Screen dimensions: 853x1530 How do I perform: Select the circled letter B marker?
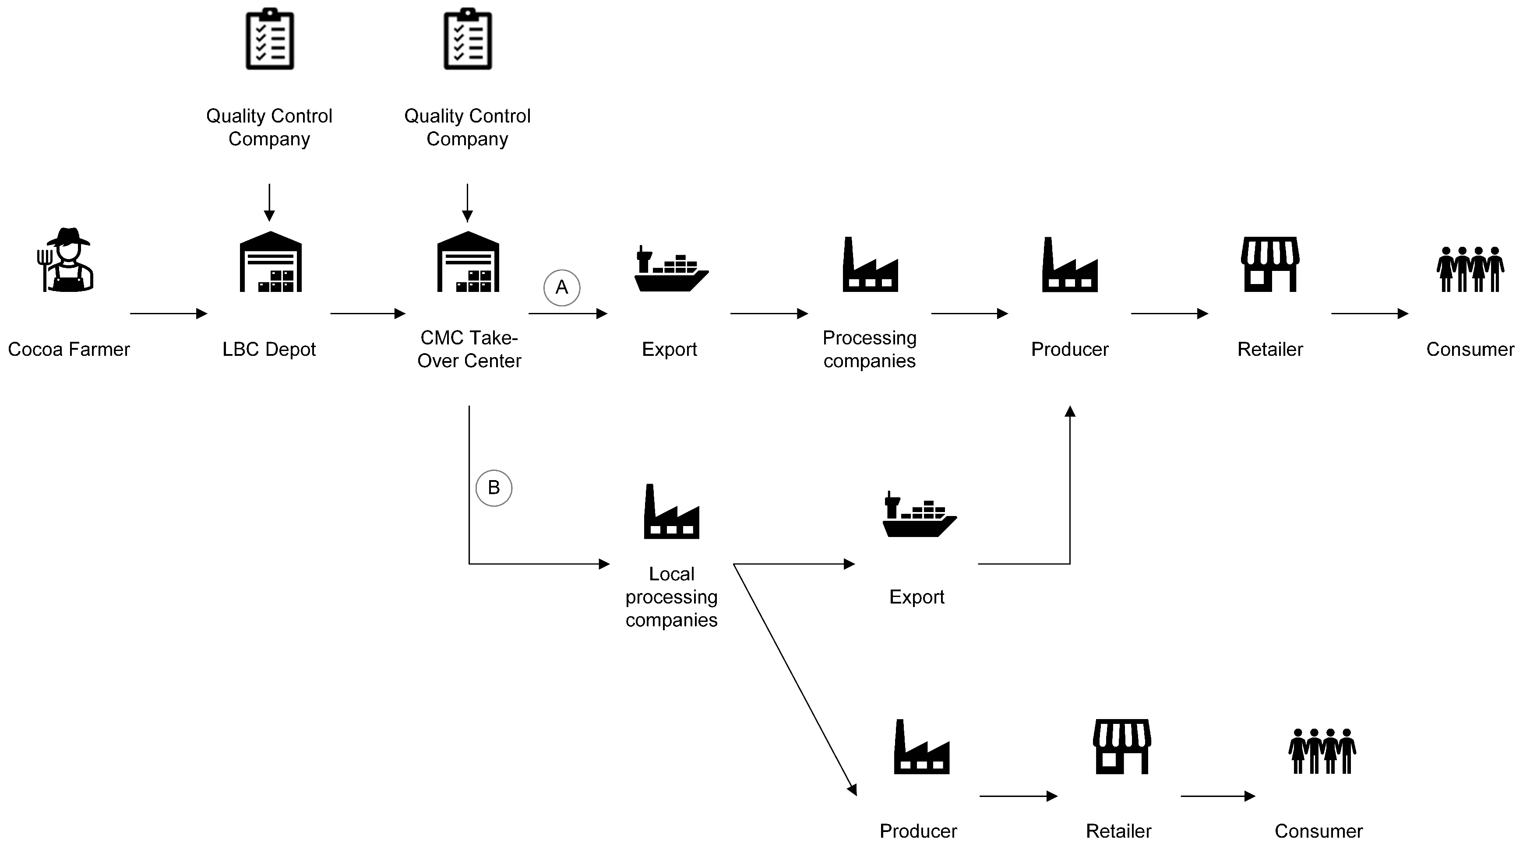coord(494,488)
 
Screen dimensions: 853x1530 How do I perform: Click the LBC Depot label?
coord(268,349)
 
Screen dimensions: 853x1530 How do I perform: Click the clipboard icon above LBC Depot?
coord(270,39)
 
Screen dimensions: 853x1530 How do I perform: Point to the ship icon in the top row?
coord(670,270)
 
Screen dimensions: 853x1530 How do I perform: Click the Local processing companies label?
coord(671,597)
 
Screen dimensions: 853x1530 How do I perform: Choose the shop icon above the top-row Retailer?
coord(1270,264)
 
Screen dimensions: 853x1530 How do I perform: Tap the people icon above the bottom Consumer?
coord(1322,751)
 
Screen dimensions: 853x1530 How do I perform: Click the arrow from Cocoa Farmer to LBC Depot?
coord(168,313)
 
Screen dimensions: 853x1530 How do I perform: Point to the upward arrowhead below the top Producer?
coord(1070,411)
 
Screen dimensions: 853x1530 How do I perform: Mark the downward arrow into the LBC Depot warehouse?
coord(269,202)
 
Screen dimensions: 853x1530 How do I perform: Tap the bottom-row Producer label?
coord(918,831)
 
